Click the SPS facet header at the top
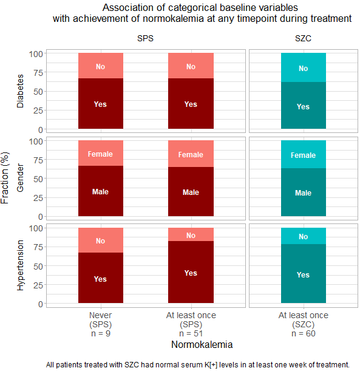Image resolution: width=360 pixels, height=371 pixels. [x=145, y=38]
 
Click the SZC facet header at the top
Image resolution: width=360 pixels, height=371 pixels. [x=303, y=38]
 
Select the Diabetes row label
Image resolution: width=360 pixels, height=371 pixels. [x=21, y=91]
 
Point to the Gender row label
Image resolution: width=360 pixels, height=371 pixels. [x=21, y=178]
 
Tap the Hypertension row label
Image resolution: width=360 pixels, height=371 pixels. [x=21, y=265]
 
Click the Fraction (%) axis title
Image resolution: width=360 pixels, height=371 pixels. [x=5, y=178]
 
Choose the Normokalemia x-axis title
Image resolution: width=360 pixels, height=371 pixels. [x=202, y=344]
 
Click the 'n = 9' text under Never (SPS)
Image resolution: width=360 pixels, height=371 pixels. [x=101, y=333]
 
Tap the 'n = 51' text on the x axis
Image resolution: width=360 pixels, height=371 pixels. [x=191, y=333]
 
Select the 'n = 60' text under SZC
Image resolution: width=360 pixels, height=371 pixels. [x=304, y=333]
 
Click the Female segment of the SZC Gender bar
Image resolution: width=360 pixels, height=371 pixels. [x=304, y=154]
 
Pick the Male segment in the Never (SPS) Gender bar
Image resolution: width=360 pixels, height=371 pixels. [x=101, y=191]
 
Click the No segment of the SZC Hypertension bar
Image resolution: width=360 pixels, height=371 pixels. [x=304, y=236]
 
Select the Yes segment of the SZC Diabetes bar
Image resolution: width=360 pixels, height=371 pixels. [x=304, y=105]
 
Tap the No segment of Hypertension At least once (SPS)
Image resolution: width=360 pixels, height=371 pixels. [x=191, y=234]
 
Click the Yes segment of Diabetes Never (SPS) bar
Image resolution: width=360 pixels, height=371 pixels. [x=101, y=103]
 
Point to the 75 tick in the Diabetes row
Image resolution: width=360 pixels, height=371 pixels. [x=38, y=73]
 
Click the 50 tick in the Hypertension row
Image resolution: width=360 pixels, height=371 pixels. [x=38, y=267]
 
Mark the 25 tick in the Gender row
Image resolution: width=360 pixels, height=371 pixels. [x=38, y=198]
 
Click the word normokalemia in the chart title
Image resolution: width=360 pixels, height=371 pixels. [x=173, y=19]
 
